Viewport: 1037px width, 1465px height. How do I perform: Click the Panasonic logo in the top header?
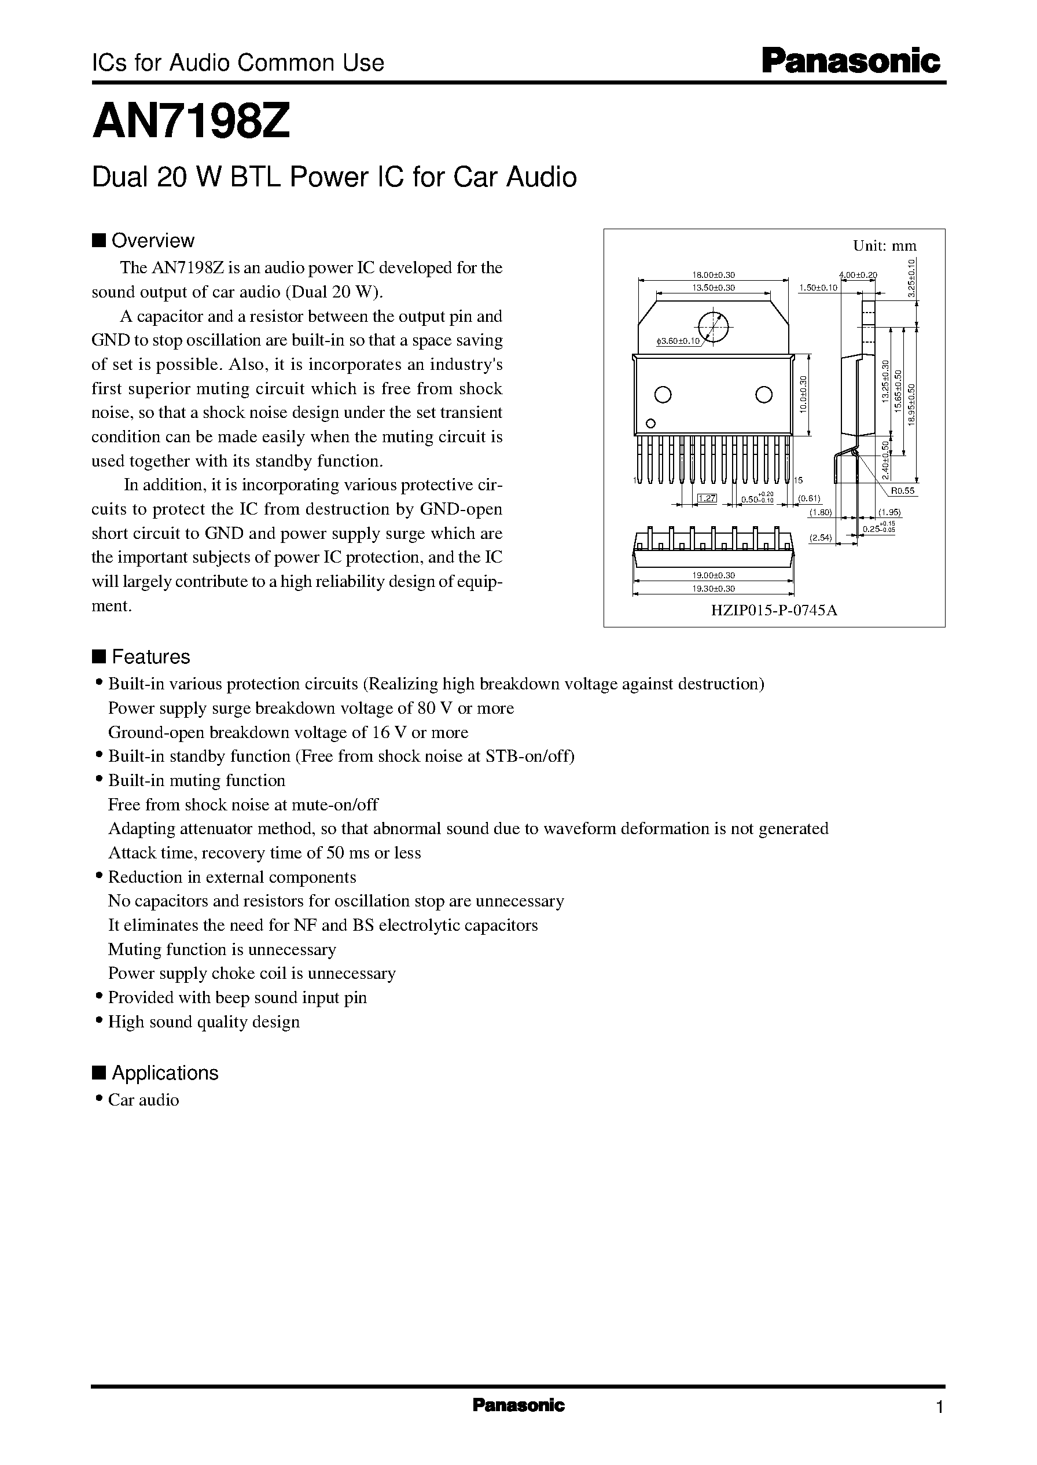click(x=852, y=62)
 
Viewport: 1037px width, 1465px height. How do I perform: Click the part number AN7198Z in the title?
click(x=192, y=122)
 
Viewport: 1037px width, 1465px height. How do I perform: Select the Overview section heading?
click(x=152, y=241)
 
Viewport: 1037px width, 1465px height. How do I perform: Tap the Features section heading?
click(x=150, y=656)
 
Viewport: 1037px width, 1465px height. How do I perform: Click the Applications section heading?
click(x=165, y=1073)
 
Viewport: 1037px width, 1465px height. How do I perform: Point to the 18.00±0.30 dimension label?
click(x=714, y=276)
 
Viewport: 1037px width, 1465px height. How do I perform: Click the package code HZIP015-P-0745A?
click(x=774, y=610)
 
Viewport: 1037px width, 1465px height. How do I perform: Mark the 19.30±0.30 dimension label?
click(x=714, y=589)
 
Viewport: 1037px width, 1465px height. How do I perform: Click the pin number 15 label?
click(x=798, y=480)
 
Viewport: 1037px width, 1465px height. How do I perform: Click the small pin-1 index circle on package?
click(x=650, y=423)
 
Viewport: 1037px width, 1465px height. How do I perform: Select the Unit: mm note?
click(x=884, y=245)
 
